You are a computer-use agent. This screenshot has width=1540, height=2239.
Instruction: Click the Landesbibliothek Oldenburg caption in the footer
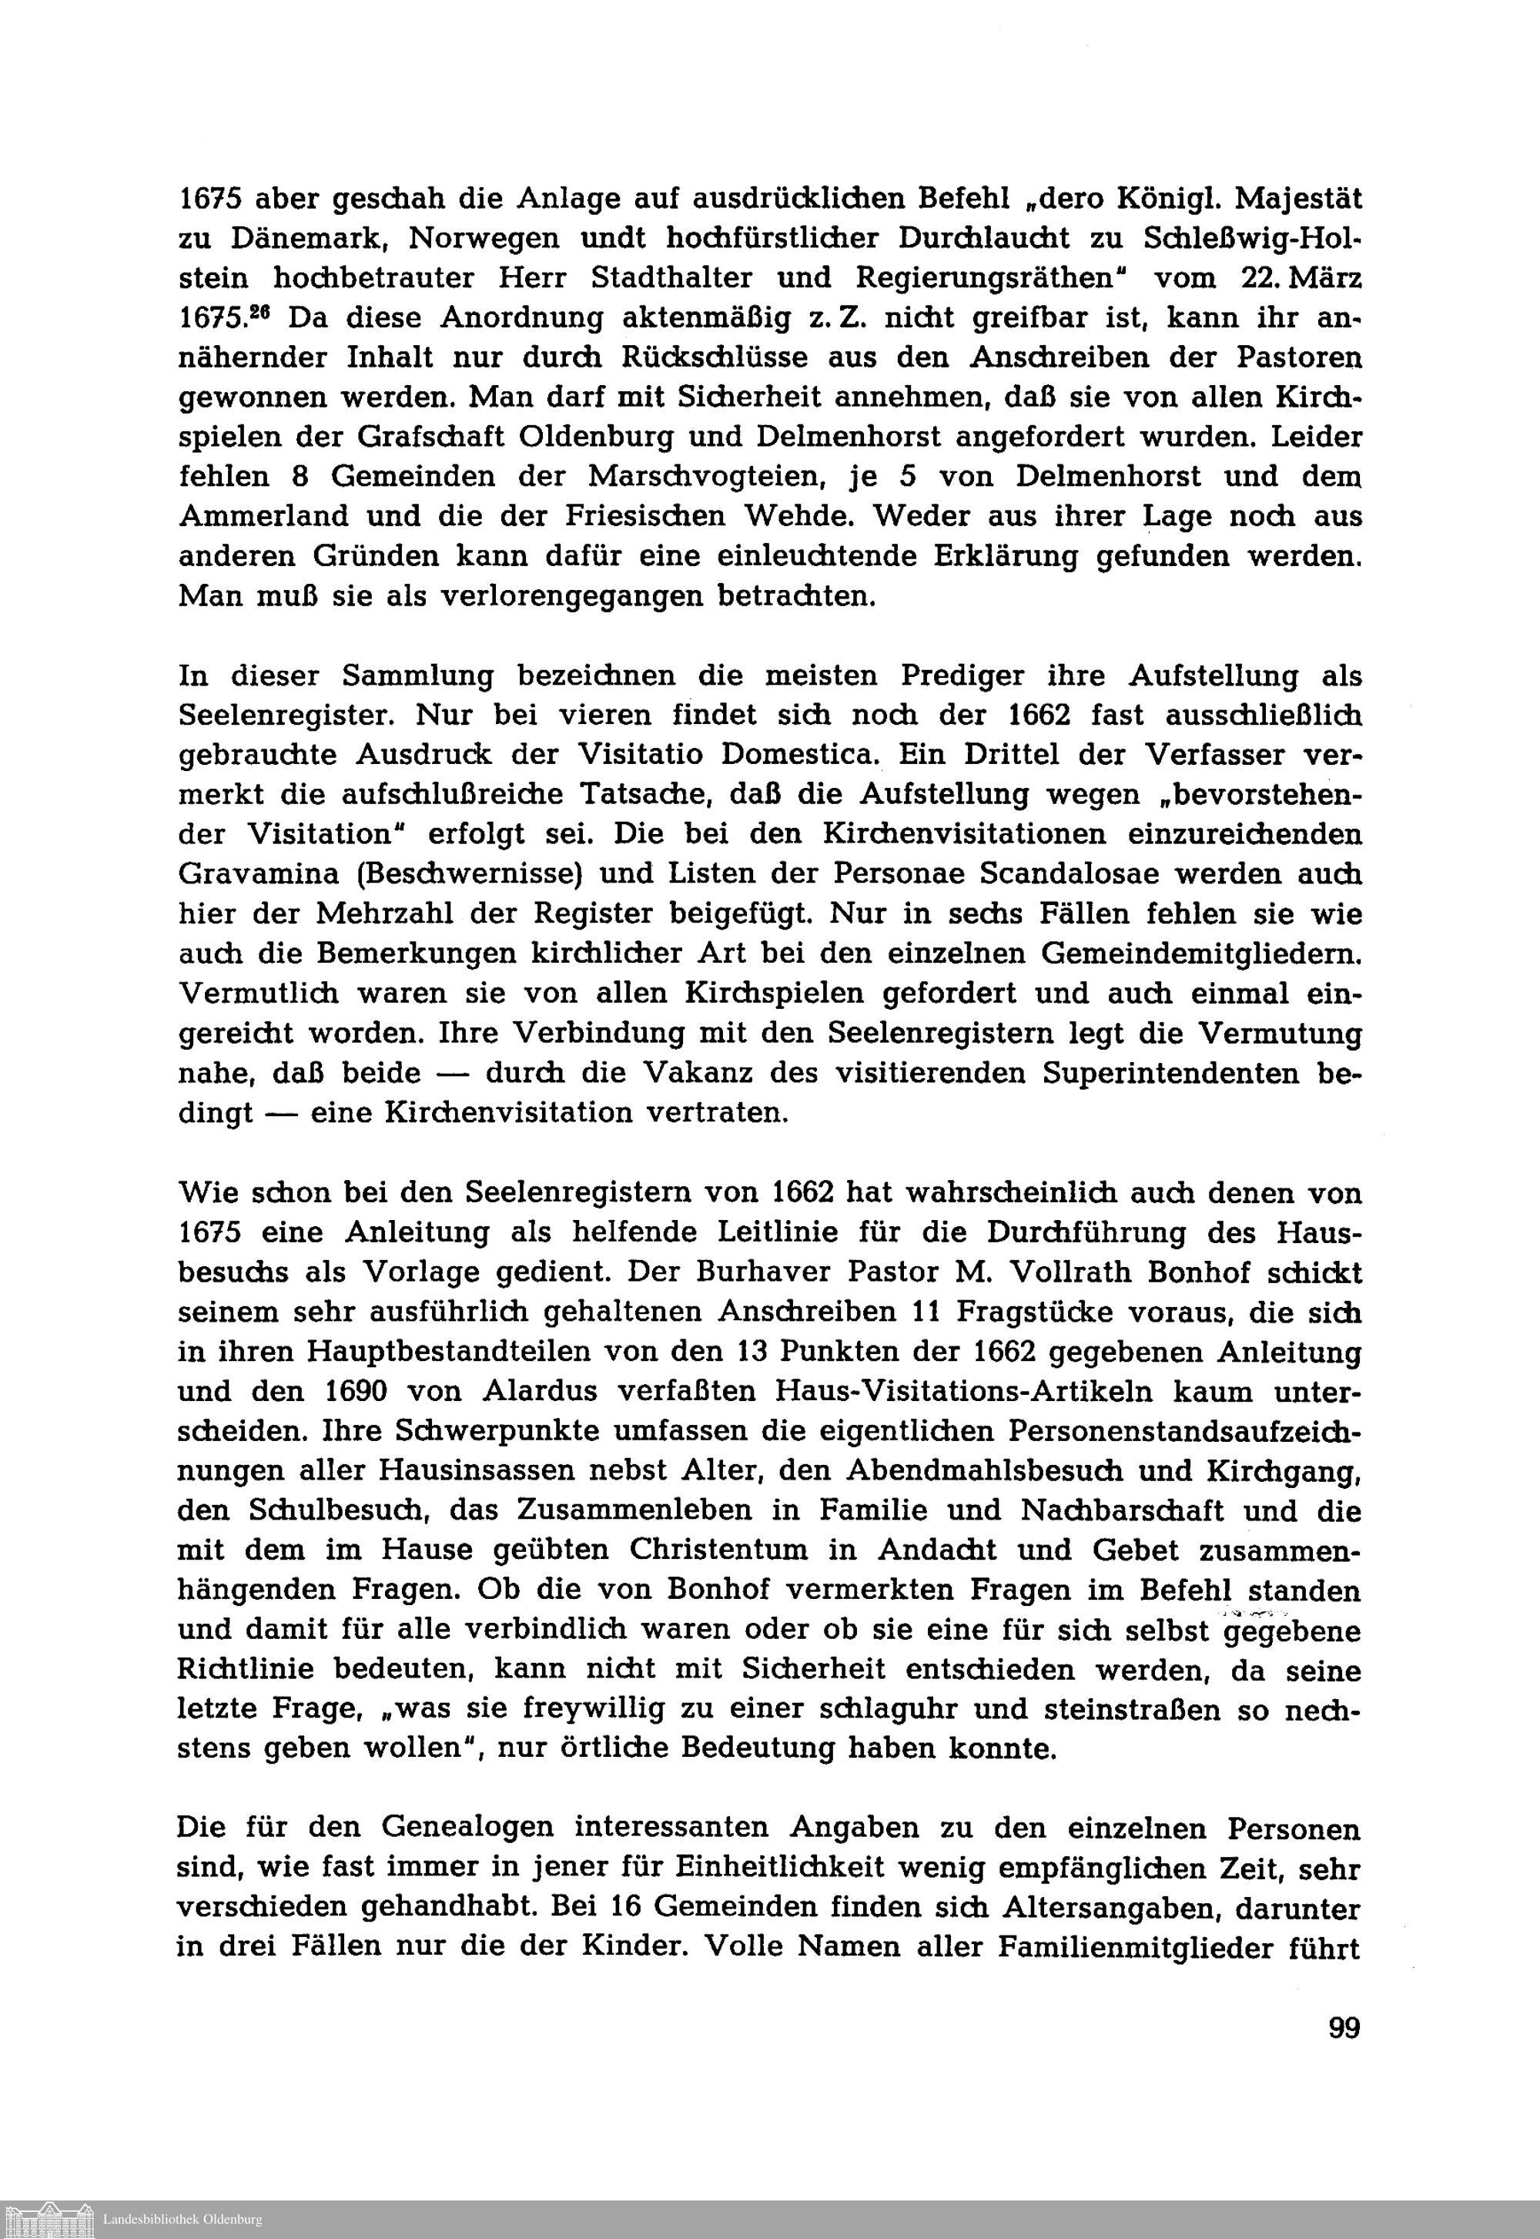(182, 2219)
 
